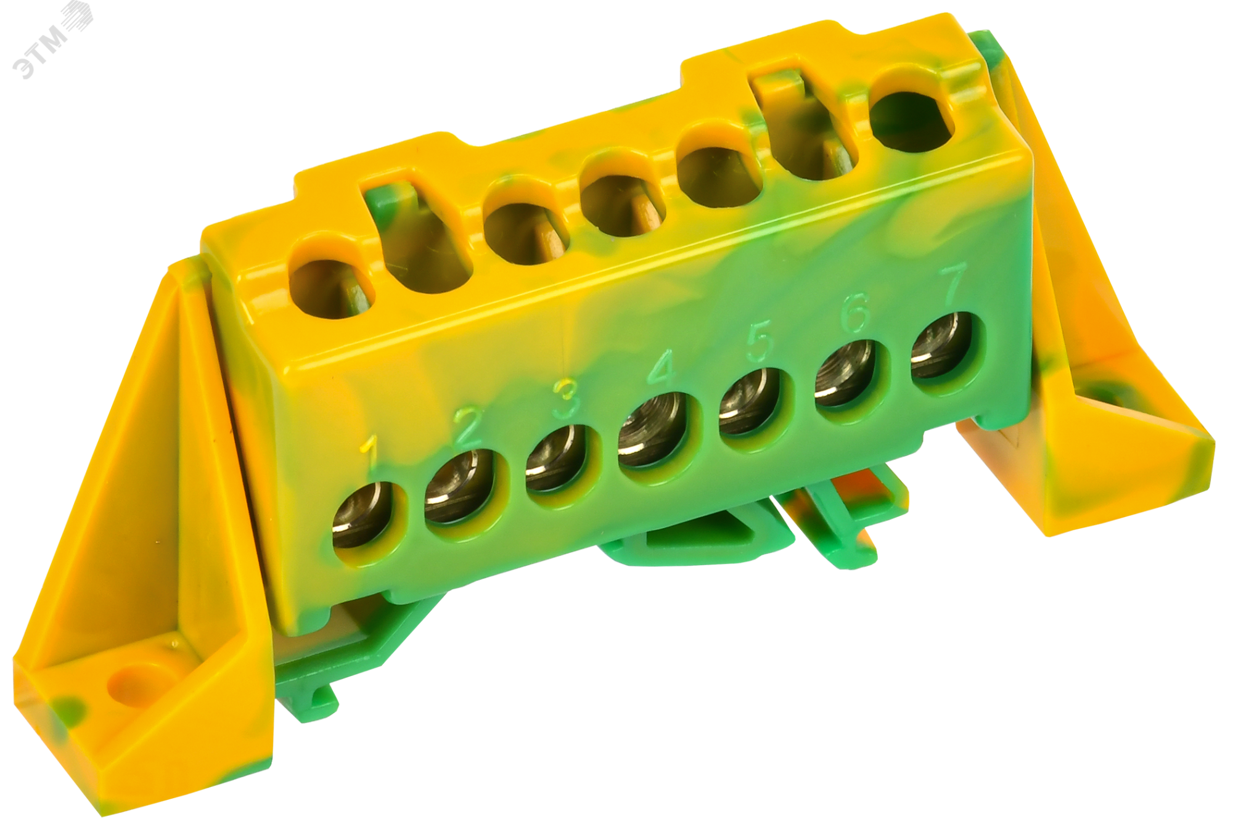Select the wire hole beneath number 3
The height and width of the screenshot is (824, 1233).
(557, 459)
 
